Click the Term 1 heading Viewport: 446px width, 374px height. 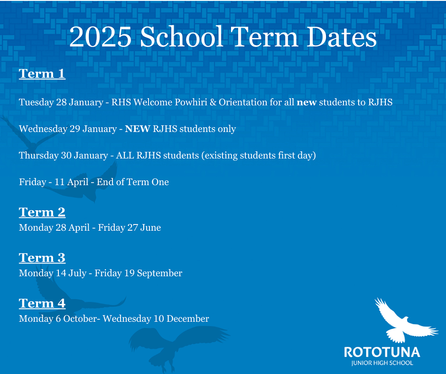coord(42,74)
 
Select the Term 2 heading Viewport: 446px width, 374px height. coord(42,212)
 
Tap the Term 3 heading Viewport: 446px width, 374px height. coord(42,258)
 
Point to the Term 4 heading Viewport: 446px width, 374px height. coord(42,303)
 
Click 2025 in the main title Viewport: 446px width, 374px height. coord(100,37)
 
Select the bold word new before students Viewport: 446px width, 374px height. coord(307,103)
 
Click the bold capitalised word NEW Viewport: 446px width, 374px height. coord(137,129)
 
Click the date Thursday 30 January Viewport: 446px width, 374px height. coord(63,155)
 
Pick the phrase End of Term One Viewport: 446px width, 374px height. coord(132,182)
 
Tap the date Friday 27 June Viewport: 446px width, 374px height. coord(129,228)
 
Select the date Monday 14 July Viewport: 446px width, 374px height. coord(53,273)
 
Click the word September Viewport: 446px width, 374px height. coord(160,274)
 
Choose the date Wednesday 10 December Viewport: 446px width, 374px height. coord(156,319)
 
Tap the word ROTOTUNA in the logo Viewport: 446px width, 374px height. coord(382,353)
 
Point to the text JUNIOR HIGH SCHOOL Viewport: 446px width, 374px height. coord(382,363)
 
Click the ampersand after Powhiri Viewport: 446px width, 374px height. coord(213,102)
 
